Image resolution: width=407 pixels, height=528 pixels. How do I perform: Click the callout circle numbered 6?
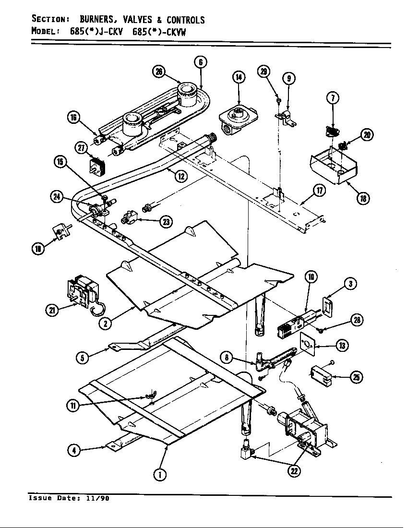pyautogui.click(x=201, y=62)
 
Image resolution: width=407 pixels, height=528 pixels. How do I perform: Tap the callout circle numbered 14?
pyautogui.click(x=239, y=77)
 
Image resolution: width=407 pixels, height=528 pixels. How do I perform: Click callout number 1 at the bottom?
pyautogui.click(x=159, y=474)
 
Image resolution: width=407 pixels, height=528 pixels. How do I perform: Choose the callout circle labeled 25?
pyautogui.click(x=356, y=377)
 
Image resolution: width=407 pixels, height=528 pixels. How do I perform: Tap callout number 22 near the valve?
pyautogui.click(x=293, y=471)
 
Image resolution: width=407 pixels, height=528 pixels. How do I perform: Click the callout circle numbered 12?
pyautogui.click(x=180, y=176)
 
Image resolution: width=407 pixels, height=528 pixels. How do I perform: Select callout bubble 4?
pyautogui.click(x=74, y=451)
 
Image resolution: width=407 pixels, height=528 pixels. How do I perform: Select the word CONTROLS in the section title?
pyautogui.click(x=185, y=20)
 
